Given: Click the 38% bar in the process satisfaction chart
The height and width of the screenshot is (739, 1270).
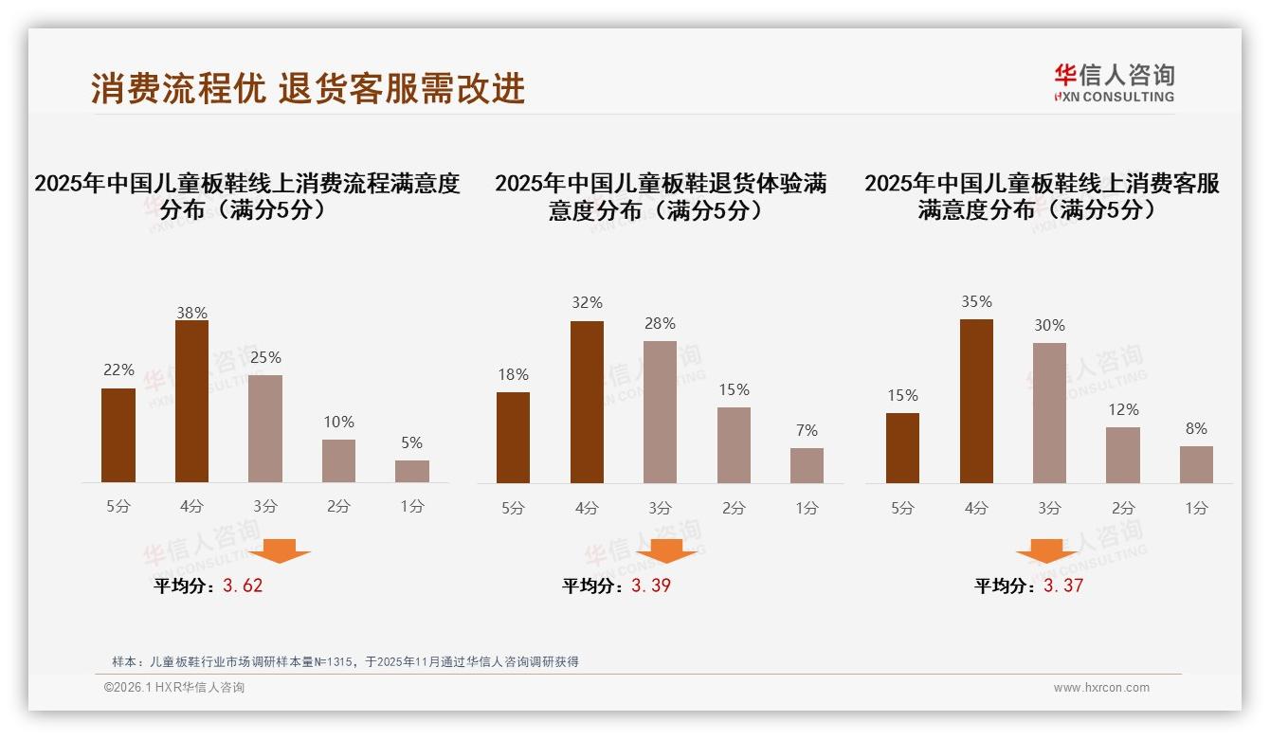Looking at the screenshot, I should [x=191, y=402].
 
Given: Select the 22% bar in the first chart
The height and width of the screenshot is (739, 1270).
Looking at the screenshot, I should [x=118, y=436].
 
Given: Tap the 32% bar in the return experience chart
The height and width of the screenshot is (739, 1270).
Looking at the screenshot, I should [x=587, y=402].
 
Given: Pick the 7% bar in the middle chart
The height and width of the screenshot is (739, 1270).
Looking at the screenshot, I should [x=807, y=465].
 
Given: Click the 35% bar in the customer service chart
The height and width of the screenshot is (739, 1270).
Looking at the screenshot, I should [x=976, y=401].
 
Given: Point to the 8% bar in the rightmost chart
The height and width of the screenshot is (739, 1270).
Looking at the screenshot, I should [x=1196, y=464].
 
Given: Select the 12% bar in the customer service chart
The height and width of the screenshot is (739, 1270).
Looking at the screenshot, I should [x=1123, y=455].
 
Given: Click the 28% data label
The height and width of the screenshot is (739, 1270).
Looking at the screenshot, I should [x=660, y=324].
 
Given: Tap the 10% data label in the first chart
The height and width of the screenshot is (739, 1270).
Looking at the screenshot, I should [x=338, y=422].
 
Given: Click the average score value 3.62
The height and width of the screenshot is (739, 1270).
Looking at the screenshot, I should [x=243, y=586].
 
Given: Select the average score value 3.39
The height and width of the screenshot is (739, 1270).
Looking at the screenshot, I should [x=651, y=586].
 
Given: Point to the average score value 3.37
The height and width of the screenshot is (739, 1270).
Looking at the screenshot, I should [x=1063, y=586].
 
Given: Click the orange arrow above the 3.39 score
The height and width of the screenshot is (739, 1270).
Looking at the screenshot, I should [x=666, y=550].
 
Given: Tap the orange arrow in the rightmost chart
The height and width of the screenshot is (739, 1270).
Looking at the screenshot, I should [x=1046, y=550].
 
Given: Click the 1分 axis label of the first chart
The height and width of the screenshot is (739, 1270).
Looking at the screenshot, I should [x=412, y=507].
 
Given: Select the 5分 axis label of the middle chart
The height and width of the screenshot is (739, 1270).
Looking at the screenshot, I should [x=513, y=509].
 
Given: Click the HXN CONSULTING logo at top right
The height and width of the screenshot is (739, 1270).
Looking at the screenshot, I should [x=1114, y=82].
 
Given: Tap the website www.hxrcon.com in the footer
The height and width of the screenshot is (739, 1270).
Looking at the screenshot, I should [x=1101, y=688].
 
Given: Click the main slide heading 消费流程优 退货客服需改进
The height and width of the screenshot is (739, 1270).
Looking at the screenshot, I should [x=308, y=88].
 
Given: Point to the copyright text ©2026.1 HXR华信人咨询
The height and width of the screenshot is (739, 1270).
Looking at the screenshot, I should [x=174, y=688].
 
